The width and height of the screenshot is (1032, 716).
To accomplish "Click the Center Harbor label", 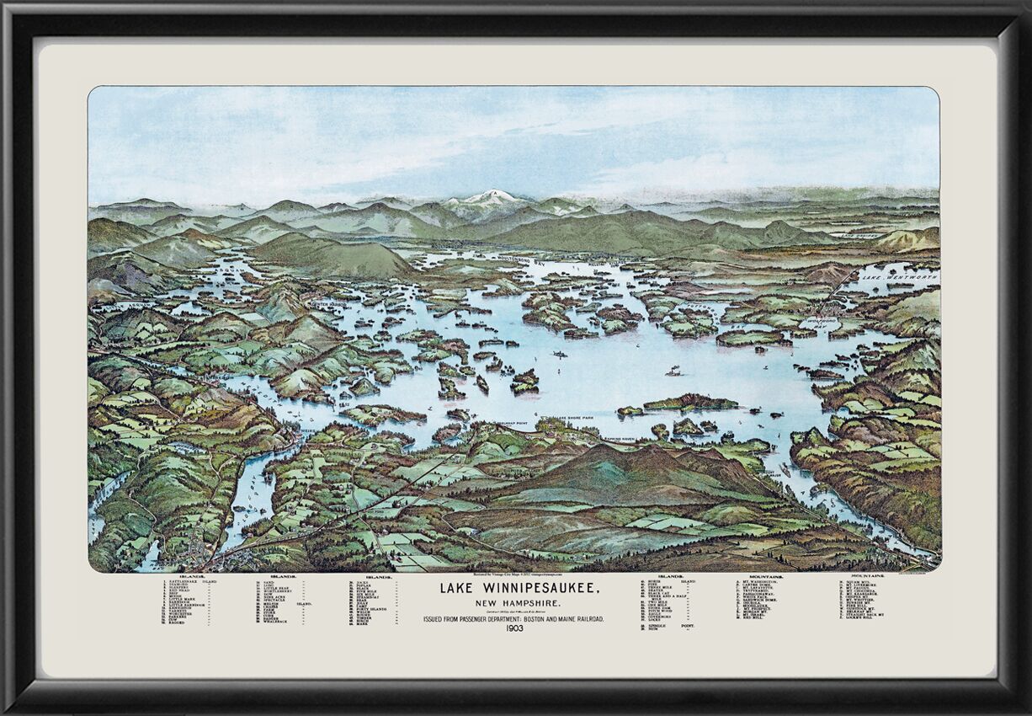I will (x=329, y=302).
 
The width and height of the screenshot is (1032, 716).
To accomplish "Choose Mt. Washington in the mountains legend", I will (x=762, y=581).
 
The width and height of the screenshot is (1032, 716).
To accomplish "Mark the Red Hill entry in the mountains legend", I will (x=753, y=617).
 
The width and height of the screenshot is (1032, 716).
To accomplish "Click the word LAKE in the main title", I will (x=454, y=589).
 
